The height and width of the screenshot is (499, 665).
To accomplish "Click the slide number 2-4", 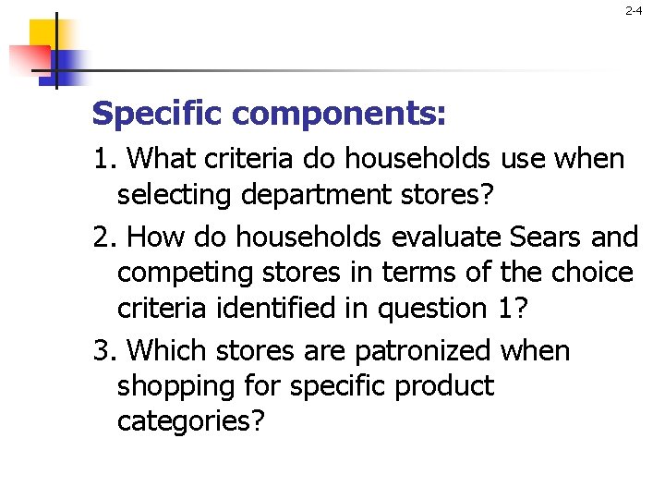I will pyautogui.click(x=634, y=12).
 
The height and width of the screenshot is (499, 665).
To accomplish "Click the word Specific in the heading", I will pyautogui.click(x=158, y=115).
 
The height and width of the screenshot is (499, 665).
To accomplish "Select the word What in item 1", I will pyautogui.click(x=159, y=160).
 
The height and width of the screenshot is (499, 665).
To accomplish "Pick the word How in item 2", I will pyautogui.click(x=154, y=237).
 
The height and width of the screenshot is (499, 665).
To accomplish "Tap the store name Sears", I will pyautogui.click(x=546, y=237).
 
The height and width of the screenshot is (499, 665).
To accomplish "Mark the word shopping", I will pyautogui.click(x=175, y=387).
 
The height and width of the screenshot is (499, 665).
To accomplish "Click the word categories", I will pyautogui.click(x=191, y=422).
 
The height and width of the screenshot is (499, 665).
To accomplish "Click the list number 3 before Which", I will pyautogui.click(x=102, y=352).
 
